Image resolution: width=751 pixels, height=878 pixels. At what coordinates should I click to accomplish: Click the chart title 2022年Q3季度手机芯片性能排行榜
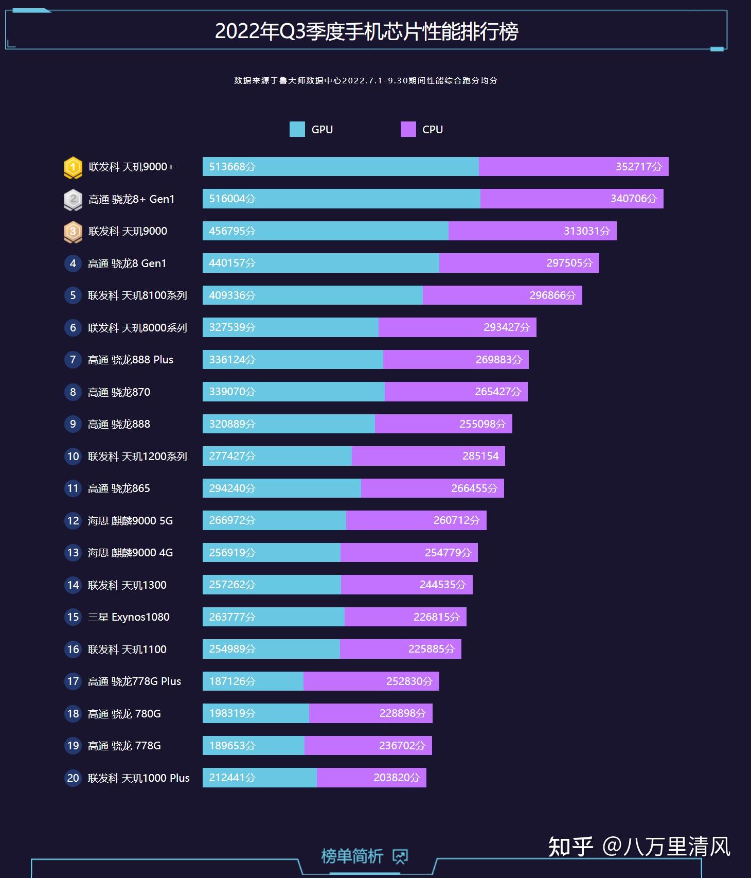tap(366, 32)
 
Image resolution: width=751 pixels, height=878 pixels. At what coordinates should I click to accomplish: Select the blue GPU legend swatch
tap(297, 129)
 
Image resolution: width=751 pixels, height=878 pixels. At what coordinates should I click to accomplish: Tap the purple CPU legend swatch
tap(408, 129)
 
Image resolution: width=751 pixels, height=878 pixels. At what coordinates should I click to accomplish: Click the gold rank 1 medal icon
tap(73, 167)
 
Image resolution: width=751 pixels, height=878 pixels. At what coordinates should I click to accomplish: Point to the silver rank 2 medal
tap(73, 200)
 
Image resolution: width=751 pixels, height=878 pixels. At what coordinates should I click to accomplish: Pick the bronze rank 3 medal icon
tap(73, 232)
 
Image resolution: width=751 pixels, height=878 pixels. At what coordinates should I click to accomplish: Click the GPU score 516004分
tap(232, 199)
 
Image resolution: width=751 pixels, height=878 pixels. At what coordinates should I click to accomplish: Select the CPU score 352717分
tap(638, 167)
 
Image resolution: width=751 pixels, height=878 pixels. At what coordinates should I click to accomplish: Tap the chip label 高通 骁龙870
tap(119, 392)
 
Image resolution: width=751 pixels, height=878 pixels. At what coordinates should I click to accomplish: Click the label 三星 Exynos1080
tap(129, 617)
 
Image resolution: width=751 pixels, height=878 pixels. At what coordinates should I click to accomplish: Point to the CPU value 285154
tap(480, 456)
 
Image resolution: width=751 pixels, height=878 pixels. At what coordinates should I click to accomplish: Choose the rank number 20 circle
tap(73, 778)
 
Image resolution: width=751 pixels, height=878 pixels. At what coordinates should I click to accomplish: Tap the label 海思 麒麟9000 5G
tap(130, 521)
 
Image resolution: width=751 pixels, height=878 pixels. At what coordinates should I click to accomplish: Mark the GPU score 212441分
tap(232, 778)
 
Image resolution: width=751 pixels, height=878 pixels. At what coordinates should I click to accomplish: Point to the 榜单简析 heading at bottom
tap(352, 856)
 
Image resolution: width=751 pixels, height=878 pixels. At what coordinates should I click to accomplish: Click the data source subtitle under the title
tap(366, 81)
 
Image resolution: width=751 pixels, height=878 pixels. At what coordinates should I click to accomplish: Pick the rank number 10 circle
tap(73, 456)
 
